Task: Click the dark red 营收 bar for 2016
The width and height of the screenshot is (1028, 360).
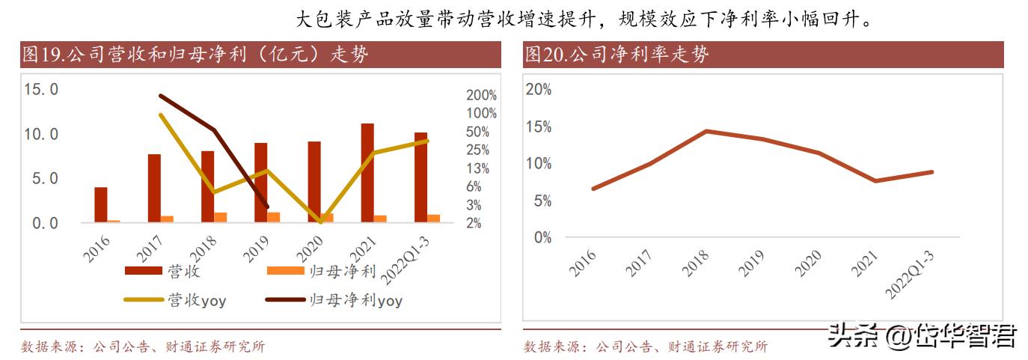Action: pos(100,204)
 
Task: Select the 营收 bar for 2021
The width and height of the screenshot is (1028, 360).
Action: pos(367,173)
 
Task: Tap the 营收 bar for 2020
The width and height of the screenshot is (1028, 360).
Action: pos(314,182)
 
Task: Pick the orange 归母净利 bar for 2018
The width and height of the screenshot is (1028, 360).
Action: pos(221,217)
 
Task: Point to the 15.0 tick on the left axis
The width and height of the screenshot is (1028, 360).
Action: pos(41,89)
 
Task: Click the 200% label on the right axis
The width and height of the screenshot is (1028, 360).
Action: pos(481,96)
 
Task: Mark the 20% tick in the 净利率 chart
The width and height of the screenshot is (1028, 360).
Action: pos(539,89)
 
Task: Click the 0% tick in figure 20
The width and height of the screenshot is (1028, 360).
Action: pos(542,237)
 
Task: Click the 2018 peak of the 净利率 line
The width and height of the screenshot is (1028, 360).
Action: pos(706,131)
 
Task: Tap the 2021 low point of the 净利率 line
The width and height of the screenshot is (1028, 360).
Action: pos(875,180)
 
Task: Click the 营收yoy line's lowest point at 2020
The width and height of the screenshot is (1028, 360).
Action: pos(321,222)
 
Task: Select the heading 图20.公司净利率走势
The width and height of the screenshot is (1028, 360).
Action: pos(617,55)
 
